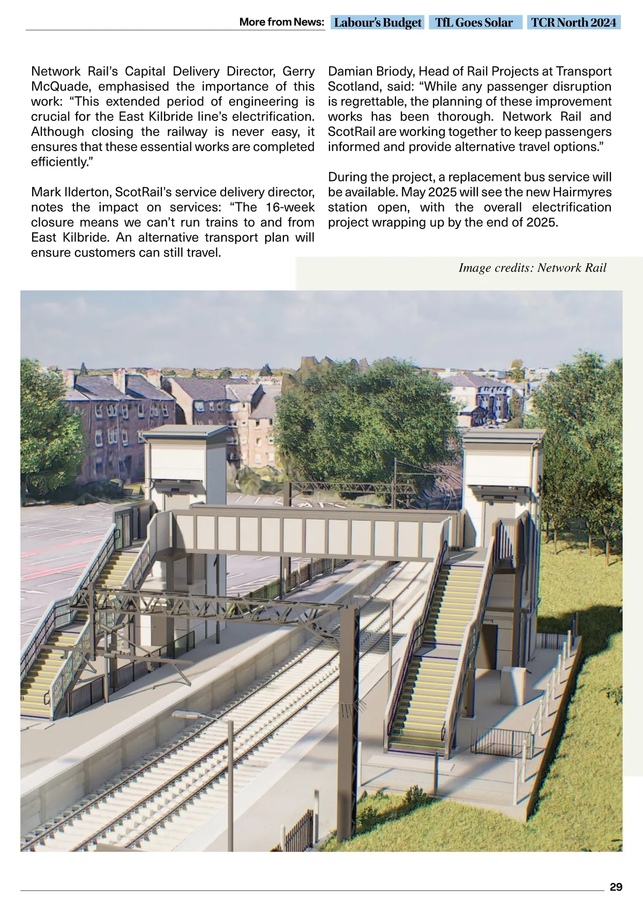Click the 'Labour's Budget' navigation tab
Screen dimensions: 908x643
tap(377, 22)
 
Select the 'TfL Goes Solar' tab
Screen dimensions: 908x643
tap(474, 22)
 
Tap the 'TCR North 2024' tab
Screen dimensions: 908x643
tap(574, 22)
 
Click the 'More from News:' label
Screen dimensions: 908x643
tap(281, 22)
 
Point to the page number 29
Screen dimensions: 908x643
tap(616, 887)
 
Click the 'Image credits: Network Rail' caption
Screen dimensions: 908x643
tap(532, 268)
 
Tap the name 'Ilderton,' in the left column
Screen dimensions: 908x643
tap(86, 192)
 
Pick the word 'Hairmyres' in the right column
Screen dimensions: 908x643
tap(585, 192)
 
